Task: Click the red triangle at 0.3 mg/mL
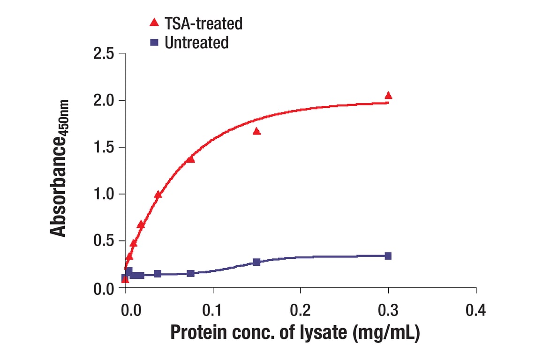388,96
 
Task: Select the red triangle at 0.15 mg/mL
256,131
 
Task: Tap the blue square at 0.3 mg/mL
388,256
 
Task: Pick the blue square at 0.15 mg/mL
256,262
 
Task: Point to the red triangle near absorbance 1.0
158,195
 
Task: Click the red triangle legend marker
153,22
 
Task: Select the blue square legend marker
153,42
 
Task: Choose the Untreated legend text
197,43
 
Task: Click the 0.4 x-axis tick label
476,310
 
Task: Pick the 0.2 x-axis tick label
301,310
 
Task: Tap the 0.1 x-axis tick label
213,310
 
